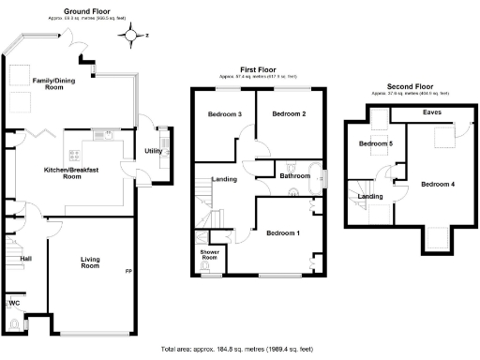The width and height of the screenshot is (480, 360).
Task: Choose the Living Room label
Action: coord(90,263)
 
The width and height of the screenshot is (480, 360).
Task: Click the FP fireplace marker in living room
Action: coord(129,272)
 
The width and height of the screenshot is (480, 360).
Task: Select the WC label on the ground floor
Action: coord(14,304)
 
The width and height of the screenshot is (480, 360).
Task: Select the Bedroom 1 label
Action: coord(283,232)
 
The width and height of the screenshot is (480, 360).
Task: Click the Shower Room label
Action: coord(209,255)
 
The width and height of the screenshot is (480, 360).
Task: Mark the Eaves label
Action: coord(432,112)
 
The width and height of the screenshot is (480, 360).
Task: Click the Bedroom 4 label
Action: coord(438,184)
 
